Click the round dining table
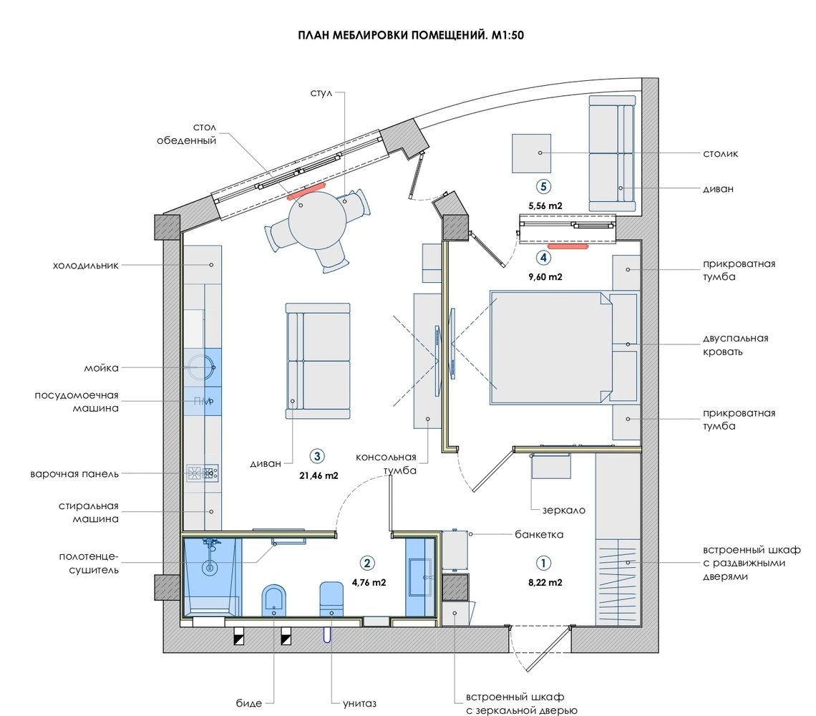point(317,221)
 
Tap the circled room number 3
point(317,456)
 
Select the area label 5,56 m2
point(545,205)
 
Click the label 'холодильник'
point(86,265)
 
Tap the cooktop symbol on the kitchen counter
point(203,473)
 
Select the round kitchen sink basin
point(199,367)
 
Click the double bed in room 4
point(550,348)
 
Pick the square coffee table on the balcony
point(531,153)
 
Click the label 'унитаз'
point(359,704)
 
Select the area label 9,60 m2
point(545,277)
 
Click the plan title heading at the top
point(411,35)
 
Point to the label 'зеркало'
point(563,511)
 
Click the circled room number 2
point(367,563)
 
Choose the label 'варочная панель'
point(74,474)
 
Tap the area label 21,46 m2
point(319,475)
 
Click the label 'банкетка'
point(539,534)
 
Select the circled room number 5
point(544,186)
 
